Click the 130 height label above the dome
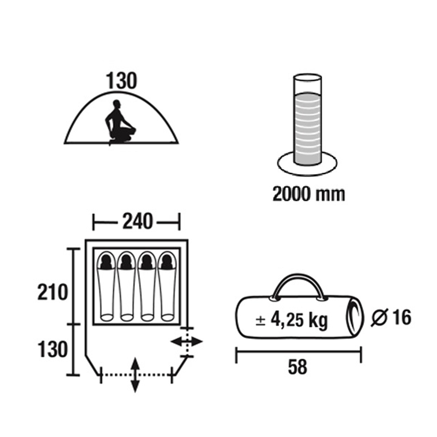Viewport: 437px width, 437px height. (x=122, y=81)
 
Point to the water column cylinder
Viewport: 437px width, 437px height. (x=307, y=119)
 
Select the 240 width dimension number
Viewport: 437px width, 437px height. (x=137, y=221)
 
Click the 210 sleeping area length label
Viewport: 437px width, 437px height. (x=53, y=292)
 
